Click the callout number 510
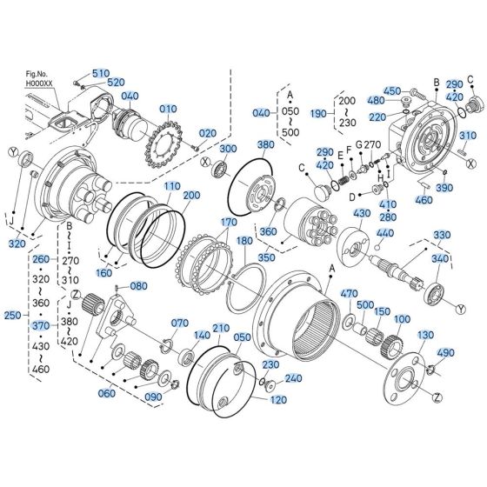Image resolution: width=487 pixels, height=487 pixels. coord(101,72)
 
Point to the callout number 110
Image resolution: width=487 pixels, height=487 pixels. coord(172,186)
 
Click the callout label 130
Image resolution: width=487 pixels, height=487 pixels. coord(426,335)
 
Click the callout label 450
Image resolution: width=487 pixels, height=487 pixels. coord(392,91)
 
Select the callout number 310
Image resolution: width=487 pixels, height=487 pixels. coord(468,136)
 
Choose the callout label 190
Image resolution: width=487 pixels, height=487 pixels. coord(318,113)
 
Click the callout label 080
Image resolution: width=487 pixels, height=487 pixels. coord(139,285)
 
